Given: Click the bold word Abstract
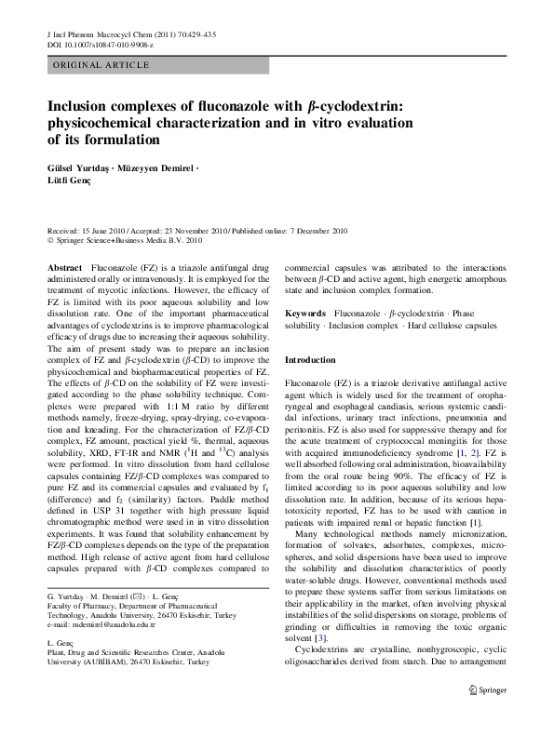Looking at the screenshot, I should [x=63, y=267].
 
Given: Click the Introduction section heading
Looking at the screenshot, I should [x=310, y=359].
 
